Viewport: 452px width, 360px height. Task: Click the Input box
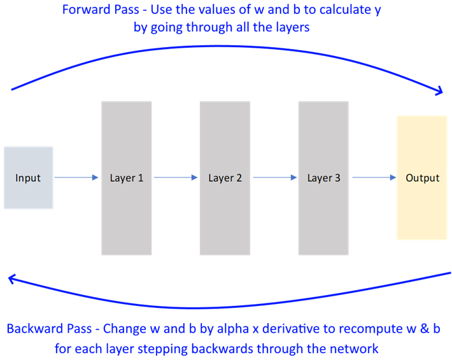coord(29,178)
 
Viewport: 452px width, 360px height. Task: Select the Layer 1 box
coord(127,178)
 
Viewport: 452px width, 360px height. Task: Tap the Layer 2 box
coord(225,178)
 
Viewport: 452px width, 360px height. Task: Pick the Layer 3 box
coord(323,178)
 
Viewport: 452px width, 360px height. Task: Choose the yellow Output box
coord(423,178)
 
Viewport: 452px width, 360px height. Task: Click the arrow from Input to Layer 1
coord(77,178)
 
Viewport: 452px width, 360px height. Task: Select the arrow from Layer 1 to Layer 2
coord(176,178)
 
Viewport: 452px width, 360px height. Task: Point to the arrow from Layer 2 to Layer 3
coord(274,178)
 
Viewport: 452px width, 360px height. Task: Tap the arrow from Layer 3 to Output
coord(372,178)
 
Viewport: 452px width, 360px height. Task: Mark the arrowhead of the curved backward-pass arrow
coord(11,278)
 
